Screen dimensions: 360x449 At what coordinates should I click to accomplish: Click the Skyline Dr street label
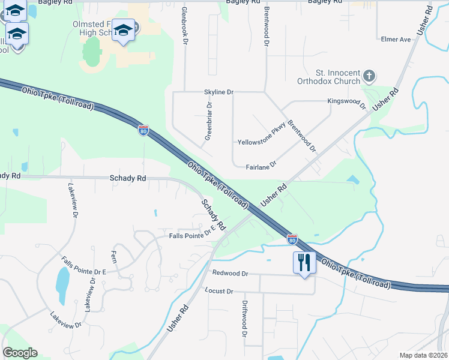coord(218,92)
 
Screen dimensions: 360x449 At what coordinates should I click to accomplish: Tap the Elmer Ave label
coord(396,40)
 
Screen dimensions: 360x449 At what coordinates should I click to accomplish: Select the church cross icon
coord(369,76)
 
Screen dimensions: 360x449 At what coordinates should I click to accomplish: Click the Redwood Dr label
coord(230,274)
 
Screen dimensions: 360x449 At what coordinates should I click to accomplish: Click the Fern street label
coord(113,257)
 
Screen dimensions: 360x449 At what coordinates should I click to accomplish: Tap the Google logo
coord(20,353)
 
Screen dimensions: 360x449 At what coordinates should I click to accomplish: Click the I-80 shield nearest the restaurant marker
coord(292,239)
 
